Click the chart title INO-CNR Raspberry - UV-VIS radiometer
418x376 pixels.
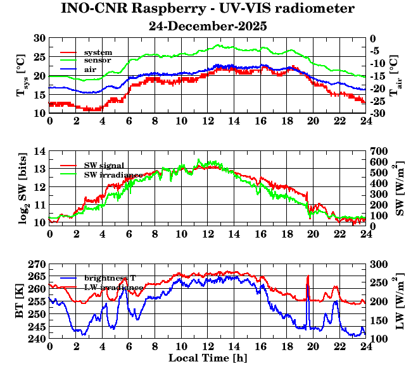pyautogui.click(x=207, y=9)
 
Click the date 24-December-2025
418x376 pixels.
pyautogui.click(x=207, y=27)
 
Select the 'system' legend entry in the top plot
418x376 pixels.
pyautogui.click(x=98, y=52)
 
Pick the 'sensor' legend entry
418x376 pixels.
pyautogui.click(x=98, y=60)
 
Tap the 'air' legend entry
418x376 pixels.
pyautogui.click(x=90, y=68)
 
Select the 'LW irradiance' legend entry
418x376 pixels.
pyautogui.click(x=113, y=287)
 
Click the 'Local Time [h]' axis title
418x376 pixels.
pyautogui.click(x=207, y=358)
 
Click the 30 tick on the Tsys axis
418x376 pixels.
pyautogui.click(x=39, y=39)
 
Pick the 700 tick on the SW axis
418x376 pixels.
pyautogui.click(x=379, y=152)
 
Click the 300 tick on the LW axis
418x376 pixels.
pyautogui.click(x=379, y=264)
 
